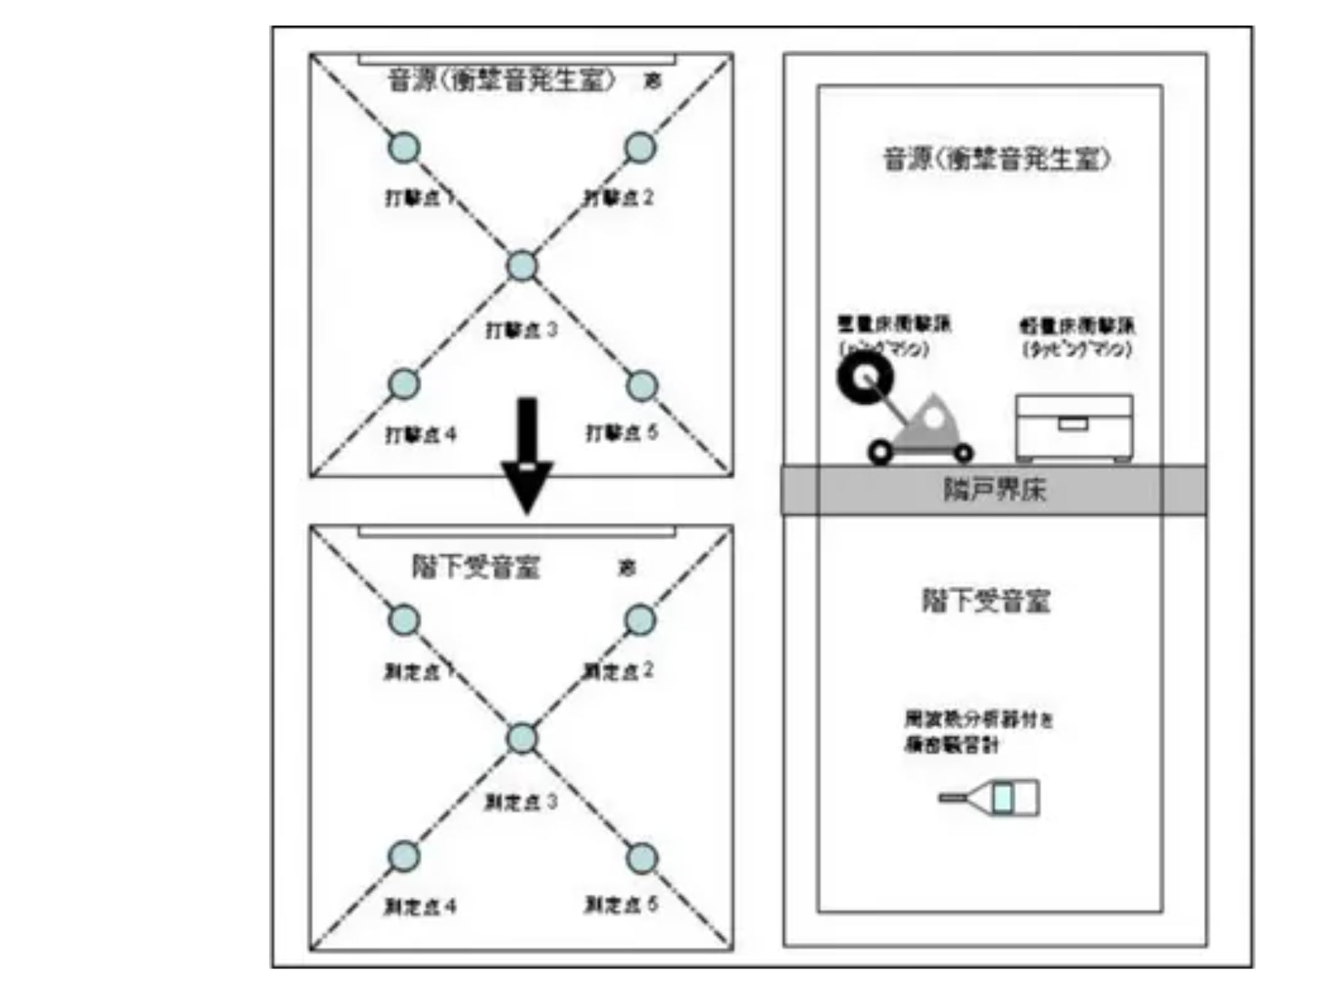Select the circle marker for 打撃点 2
(x=641, y=148)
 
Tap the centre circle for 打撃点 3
(x=522, y=266)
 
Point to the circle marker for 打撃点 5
(x=642, y=386)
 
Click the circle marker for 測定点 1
(x=403, y=620)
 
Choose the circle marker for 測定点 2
(x=641, y=620)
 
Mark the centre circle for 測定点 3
(x=522, y=738)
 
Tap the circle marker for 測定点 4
(x=403, y=857)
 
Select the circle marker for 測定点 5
(x=642, y=858)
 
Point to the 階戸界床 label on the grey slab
(x=994, y=490)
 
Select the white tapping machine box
(x=1075, y=427)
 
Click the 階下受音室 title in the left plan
(x=476, y=567)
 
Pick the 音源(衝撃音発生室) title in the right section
(x=996, y=159)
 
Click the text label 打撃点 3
(x=521, y=330)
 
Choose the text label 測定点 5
(x=621, y=906)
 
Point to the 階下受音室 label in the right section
(x=985, y=601)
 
